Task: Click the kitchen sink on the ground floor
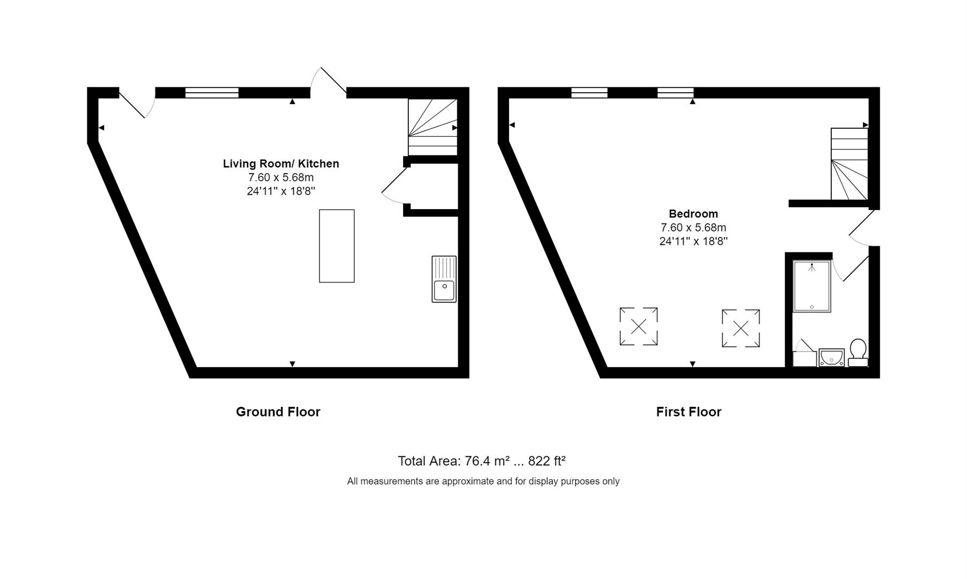tap(444, 279)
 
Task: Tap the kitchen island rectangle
tap(337, 246)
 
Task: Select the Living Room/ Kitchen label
tap(281, 164)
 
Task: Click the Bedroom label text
tap(693, 213)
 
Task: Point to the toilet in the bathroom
tap(858, 352)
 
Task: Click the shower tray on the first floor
tap(812, 286)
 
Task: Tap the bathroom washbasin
tap(831, 357)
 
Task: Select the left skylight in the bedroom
tap(638, 326)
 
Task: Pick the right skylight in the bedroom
tap(741, 328)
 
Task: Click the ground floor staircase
tap(433, 127)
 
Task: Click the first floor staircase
tap(849, 164)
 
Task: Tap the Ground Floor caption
tap(278, 412)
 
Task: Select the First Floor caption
tap(689, 412)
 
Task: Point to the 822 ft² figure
tap(547, 461)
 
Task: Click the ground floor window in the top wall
tap(212, 93)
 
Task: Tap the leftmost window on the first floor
tap(589, 93)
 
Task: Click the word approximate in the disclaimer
tap(468, 481)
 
